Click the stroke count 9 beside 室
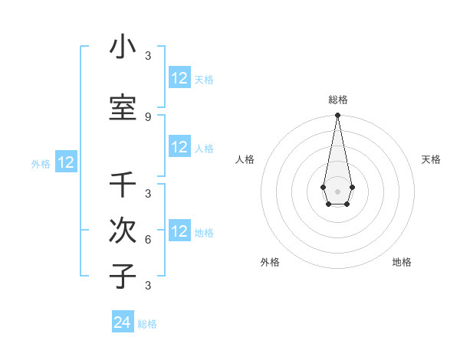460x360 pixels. click(x=147, y=116)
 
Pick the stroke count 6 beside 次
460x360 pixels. click(x=147, y=239)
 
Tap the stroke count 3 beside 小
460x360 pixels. click(x=147, y=56)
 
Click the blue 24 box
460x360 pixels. click(x=123, y=322)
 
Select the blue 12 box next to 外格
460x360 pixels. click(x=66, y=162)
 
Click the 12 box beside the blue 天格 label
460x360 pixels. click(x=179, y=78)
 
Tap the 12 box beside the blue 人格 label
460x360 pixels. click(x=179, y=147)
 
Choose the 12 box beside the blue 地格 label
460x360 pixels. click(x=179, y=231)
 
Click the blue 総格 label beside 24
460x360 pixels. click(x=147, y=324)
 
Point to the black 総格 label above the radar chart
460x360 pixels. click(x=337, y=100)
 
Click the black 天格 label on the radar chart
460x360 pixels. click(x=431, y=159)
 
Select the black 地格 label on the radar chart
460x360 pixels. click(x=402, y=262)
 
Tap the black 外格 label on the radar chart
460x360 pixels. click(x=270, y=262)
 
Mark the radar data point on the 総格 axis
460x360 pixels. click(x=337, y=115)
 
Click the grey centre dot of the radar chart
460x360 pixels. click(x=337, y=190)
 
